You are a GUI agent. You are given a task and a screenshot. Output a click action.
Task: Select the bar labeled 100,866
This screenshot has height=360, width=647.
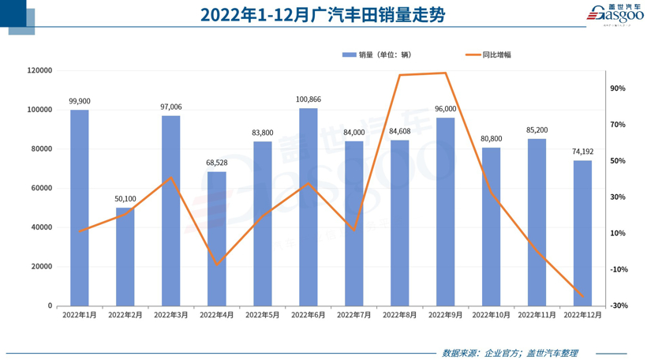coord(309,207)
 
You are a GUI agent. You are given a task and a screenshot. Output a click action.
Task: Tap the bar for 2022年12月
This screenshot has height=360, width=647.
coord(582,233)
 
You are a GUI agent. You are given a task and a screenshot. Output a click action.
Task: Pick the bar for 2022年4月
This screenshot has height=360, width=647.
coord(217,238)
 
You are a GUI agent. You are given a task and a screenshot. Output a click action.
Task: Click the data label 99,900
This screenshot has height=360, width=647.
coord(80,101)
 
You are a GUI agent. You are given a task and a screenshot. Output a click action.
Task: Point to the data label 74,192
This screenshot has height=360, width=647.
coord(582,152)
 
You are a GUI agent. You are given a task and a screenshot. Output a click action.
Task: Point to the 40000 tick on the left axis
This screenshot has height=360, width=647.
coord(42,227)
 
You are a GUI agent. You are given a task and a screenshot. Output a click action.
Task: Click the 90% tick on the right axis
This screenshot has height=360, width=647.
coord(618,88)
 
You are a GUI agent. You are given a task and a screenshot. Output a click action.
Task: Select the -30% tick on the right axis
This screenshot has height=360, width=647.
coord(618,306)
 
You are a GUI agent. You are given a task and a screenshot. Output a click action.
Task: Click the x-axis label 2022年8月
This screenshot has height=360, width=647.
coord(399,315)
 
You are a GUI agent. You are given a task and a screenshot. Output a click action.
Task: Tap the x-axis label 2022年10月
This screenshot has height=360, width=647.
coord(491,315)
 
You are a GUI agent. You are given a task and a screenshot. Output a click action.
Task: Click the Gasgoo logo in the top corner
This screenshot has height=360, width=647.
coord(616,14)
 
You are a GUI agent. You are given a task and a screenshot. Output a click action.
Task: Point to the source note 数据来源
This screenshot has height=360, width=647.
coord(510,352)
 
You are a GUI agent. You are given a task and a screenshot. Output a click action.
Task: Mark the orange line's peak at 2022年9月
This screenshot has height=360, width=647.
coord(446,73)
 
